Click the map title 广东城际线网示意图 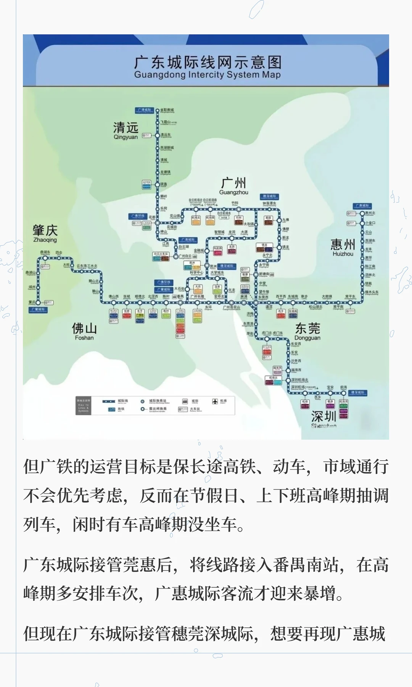point(208,62)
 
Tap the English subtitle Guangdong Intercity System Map point(208,75)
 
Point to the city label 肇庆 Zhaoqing point(45,233)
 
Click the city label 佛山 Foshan point(84,331)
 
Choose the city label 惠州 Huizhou point(343,247)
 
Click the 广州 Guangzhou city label point(233,185)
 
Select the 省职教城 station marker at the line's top point(157,110)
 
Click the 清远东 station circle point(157,135)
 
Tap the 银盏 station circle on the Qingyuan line point(157,185)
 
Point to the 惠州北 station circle point(362,213)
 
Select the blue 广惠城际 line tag point(362,206)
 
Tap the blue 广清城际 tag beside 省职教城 point(145,110)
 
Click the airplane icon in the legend point(215,401)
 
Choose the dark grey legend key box point(83,405)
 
